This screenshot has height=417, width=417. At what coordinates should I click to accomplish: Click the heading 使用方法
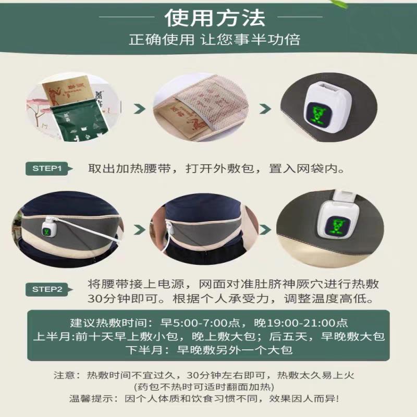214,18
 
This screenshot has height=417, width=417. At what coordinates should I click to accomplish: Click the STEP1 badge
47,168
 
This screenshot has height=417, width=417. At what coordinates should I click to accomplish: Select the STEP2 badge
47,289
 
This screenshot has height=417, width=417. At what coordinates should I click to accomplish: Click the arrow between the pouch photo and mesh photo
139,109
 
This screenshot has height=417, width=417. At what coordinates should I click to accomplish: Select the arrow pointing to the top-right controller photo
265,109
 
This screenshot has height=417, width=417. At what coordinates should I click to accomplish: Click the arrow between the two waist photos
139,229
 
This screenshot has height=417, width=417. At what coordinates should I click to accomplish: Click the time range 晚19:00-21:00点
293,323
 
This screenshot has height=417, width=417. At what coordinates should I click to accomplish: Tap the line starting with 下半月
208,350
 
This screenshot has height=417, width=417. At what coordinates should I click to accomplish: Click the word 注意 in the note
65,375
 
